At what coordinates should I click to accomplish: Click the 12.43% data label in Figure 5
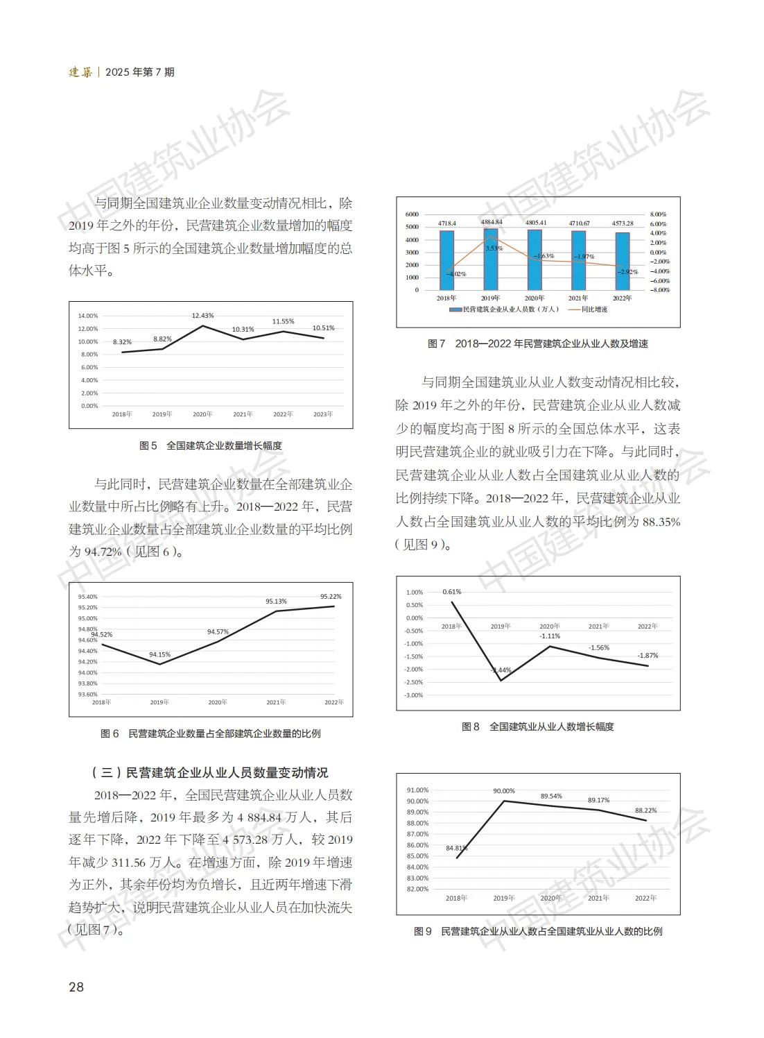pyautogui.click(x=203, y=316)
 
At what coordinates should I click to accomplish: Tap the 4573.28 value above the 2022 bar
pyautogui.click(x=623, y=223)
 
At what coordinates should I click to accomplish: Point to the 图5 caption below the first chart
pyautogui.click(x=211, y=445)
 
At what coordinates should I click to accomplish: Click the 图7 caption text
pyautogui.click(x=538, y=343)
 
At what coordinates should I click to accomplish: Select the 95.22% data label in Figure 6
pyautogui.click(x=331, y=596)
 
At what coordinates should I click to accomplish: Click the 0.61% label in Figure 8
pyautogui.click(x=452, y=592)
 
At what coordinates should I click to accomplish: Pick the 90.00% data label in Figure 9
pyautogui.click(x=504, y=791)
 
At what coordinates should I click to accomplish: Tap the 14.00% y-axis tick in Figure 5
pyautogui.click(x=89, y=316)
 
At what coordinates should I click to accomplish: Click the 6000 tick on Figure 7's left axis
pyautogui.click(x=412, y=214)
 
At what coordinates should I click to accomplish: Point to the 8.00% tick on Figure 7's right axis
pyautogui.click(x=658, y=214)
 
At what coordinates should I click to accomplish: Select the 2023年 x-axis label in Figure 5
pyautogui.click(x=323, y=414)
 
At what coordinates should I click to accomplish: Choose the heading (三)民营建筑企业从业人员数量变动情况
pyautogui.click(x=210, y=772)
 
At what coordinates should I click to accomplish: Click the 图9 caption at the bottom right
pyautogui.click(x=538, y=931)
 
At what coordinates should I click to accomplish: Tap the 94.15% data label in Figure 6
pyautogui.click(x=159, y=654)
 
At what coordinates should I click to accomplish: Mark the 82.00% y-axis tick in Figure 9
pyautogui.click(x=418, y=889)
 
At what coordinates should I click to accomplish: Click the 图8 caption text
pyautogui.click(x=538, y=726)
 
